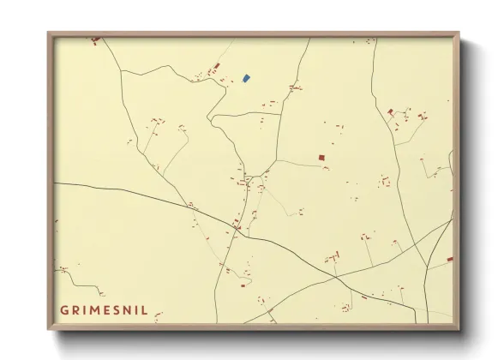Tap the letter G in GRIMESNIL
pos(64,309)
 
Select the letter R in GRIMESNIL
pos(75,309)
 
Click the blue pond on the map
pos(246,78)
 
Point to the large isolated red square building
pos(321,158)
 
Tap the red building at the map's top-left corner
pos(95,39)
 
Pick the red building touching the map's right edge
pos(450,257)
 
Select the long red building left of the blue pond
pos(217,66)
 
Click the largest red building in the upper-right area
pos(391,111)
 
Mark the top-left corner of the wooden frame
pos(49,33)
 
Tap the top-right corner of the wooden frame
pos(459,33)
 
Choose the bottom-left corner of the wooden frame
pos(49,329)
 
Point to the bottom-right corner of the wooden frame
pos(459,329)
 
